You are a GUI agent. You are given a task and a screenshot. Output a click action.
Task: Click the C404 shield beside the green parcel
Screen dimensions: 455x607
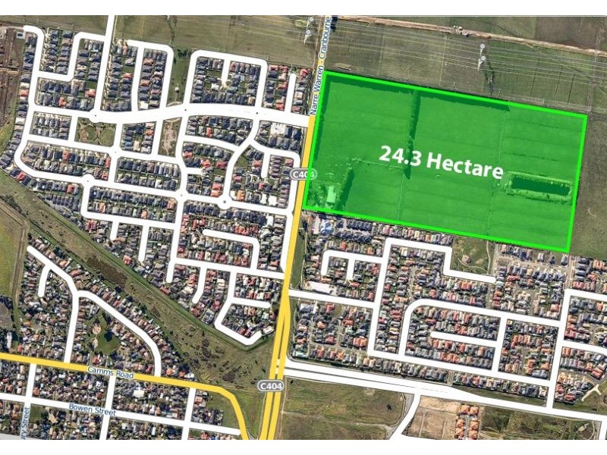coord(302,175)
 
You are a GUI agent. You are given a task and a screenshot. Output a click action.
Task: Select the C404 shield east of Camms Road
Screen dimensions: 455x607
coord(270,385)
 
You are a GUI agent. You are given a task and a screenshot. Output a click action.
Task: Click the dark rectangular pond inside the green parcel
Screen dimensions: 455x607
coord(539,184)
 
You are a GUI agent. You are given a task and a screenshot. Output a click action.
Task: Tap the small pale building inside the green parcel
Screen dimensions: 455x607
coord(332,195)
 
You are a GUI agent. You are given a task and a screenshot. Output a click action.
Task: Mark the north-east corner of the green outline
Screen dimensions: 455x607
coord(586,116)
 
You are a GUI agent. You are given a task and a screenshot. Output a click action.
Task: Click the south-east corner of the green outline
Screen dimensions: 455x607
coord(568,249)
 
